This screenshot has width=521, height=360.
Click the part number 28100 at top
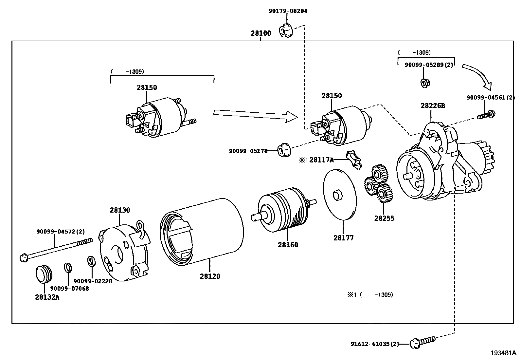(x=261, y=33)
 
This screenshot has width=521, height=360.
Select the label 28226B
(x=433, y=106)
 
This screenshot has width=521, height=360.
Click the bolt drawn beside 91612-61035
(x=422, y=342)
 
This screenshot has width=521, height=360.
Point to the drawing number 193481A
(x=503, y=353)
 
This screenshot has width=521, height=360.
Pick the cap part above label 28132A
(x=44, y=274)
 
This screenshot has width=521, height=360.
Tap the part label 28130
(x=120, y=210)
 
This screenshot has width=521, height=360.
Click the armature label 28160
(x=288, y=245)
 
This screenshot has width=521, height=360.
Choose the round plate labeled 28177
(x=339, y=195)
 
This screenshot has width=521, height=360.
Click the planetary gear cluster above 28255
(x=379, y=185)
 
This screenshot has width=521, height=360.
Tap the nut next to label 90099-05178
(x=284, y=150)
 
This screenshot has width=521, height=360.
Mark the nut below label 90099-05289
(x=424, y=83)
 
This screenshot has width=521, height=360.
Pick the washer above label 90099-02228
(x=90, y=261)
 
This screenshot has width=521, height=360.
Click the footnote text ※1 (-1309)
(x=370, y=294)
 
